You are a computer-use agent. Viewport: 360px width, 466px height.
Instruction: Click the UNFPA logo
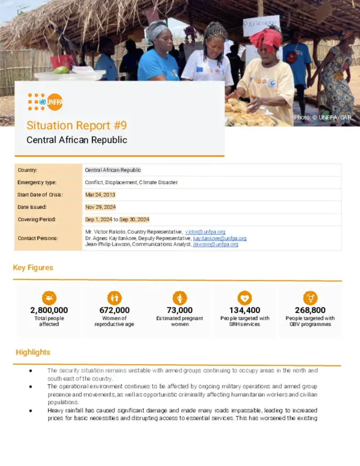pyautogui.click(x=45, y=102)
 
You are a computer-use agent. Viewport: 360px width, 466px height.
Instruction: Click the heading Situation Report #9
pyautogui.click(x=76, y=125)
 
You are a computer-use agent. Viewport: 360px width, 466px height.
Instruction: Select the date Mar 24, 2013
pyautogui.click(x=100, y=195)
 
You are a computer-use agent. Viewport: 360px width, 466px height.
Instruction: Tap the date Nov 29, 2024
pyautogui.click(x=100, y=207)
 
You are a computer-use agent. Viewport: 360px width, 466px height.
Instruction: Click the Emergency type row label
pyautogui.click(x=37, y=182)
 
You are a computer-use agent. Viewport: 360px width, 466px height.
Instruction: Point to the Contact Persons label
pyautogui.click(x=38, y=238)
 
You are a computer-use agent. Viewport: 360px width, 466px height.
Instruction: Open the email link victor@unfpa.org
pyautogui.click(x=205, y=232)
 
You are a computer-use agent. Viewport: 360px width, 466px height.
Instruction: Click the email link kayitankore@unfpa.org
pyautogui.click(x=219, y=238)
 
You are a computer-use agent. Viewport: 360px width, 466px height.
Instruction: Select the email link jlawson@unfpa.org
pyautogui.click(x=215, y=244)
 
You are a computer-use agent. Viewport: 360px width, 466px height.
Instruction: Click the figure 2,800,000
pyautogui.click(x=49, y=310)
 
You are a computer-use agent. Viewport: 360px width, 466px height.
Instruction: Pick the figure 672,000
pyautogui.click(x=114, y=310)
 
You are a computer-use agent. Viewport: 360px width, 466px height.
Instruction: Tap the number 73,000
pyautogui.click(x=180, y=310)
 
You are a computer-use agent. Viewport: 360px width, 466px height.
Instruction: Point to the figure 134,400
pyautogui.click(x=245, y=310)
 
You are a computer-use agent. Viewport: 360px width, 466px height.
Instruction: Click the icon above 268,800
pyautogui.click(x=310, y=298)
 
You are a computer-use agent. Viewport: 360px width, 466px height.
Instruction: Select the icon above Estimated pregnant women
pyautogui.click(x=180, y=298)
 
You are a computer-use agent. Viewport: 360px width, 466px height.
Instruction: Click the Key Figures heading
pyautogui.click(x=33, y=268)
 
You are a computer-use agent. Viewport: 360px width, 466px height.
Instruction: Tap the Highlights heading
pyautogui.click(x=33, y=352)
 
